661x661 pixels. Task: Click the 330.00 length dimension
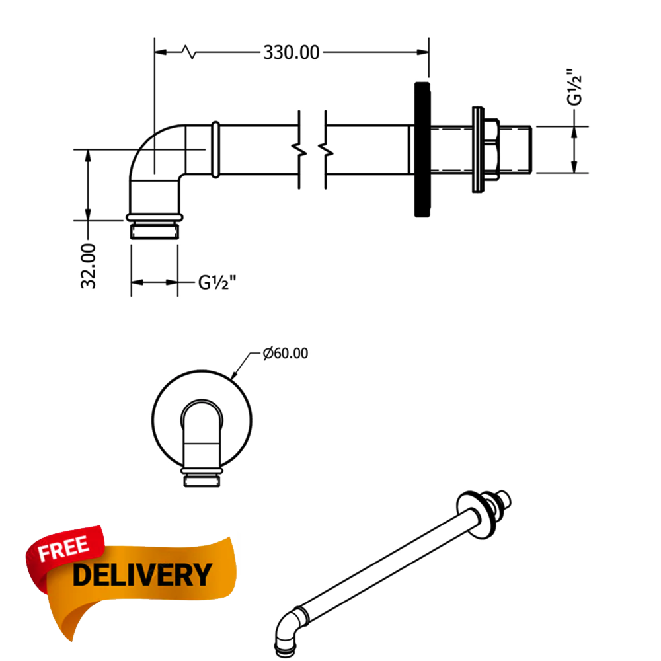click(x=291, y=52)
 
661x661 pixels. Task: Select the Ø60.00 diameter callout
click(x=285, y=354)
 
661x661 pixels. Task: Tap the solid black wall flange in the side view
click(x=422, y=149)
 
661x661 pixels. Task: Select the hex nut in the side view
click(x=491, y=149)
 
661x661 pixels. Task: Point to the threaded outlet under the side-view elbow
click(x=154, y=231)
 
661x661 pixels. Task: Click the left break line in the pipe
click(x=300, y=149)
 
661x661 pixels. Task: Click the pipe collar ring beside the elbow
click(x=215, y=149)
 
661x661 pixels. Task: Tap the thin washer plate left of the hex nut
click(x=477, y=149)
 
